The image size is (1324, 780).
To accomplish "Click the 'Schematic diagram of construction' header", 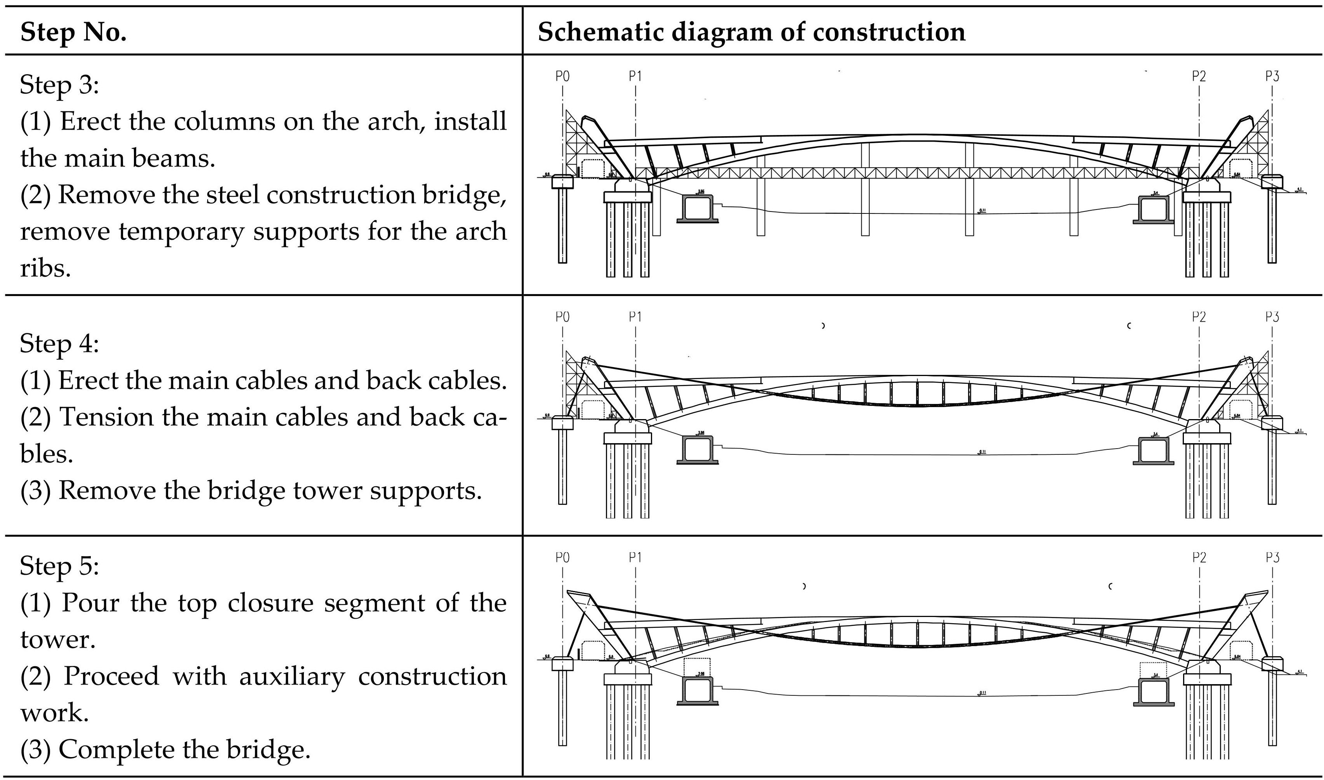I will (x=751, y=32).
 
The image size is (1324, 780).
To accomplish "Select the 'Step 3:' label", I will (x=59, y=85).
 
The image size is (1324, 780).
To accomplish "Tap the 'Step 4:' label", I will (x=59, y=344).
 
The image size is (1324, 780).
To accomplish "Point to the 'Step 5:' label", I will (x=59, y=566).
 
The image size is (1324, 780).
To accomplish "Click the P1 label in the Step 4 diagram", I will (x=635, y=317).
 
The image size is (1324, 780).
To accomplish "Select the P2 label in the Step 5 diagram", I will (x=1199, y=557).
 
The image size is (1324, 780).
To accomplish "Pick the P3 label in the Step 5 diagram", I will (x=1272, y=557).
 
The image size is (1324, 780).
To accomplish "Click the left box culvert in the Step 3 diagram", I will (x=698, y=208).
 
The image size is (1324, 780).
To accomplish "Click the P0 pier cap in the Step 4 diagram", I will (x=562, y=423).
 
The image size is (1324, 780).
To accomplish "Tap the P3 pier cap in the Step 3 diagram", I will (x=1272, y=182).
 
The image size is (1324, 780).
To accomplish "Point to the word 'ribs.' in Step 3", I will (x=45, y=269).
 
